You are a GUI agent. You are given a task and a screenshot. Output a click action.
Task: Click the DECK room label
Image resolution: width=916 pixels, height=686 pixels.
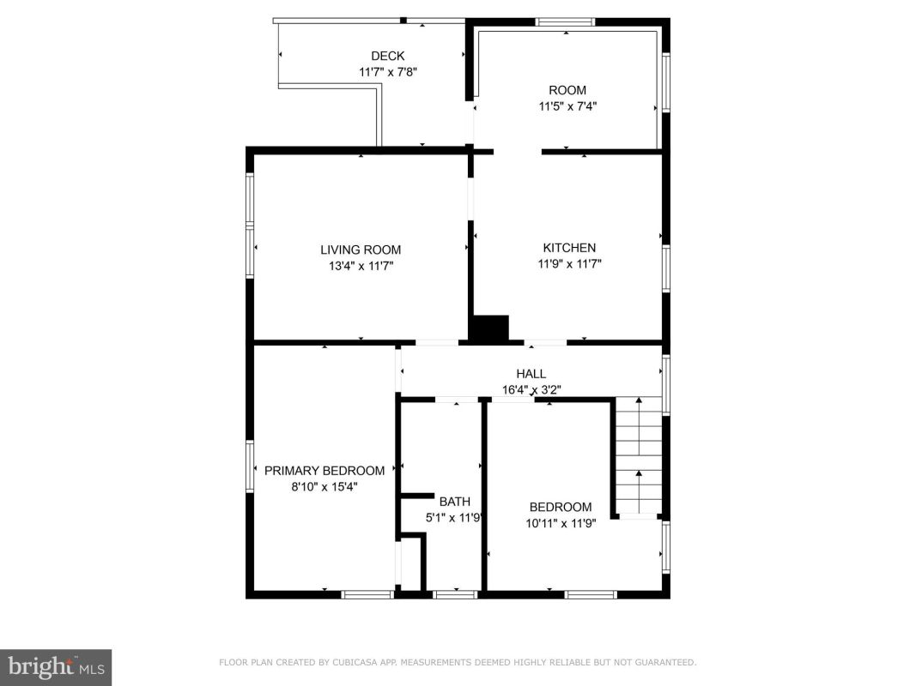(x=388, y=56)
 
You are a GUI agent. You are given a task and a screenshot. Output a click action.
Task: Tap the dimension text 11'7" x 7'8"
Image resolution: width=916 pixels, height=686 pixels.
(x=388, y=72)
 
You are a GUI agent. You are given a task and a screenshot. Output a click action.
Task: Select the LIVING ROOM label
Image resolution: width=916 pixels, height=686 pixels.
(x=361, y=250)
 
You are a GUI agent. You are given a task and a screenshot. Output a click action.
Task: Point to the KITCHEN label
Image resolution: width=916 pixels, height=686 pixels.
(x=569, y=247)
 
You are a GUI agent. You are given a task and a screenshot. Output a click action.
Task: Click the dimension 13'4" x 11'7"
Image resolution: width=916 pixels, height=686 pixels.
(x=361, y=266)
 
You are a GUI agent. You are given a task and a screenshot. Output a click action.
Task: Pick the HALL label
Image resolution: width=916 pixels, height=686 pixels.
(x=531, y=373)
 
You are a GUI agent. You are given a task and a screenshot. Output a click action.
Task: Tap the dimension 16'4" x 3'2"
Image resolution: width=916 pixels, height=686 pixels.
(x=531, y=389)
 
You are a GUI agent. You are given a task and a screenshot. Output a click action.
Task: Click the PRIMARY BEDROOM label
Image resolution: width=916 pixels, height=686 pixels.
(x=325, y=470)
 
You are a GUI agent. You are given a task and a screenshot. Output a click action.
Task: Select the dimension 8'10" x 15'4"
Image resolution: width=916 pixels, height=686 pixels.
(x=325, y=486)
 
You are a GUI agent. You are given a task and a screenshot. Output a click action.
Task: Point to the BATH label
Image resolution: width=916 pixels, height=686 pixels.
(x=454, y=501)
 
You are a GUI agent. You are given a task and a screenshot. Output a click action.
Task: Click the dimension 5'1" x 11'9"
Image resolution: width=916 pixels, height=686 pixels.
(x=453, y=517)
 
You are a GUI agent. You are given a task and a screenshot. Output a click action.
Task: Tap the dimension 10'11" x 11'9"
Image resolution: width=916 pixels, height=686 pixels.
(x=561, y=523)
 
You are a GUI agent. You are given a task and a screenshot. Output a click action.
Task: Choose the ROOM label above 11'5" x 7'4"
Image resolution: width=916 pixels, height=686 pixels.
(x=567, y=90)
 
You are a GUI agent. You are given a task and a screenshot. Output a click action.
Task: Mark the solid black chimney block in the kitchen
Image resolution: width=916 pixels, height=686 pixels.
(x=490, y=328)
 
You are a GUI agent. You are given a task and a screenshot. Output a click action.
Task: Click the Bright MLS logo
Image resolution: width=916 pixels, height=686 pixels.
(x=56, y=667)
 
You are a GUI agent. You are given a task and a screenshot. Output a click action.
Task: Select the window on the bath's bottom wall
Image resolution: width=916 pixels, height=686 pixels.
(x=456, y=594)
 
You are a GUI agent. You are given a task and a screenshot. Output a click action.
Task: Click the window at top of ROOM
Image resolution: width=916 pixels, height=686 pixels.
(x=566, y=22)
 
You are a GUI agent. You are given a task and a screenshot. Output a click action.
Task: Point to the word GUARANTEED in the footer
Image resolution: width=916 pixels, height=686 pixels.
(x=665, y=662)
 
